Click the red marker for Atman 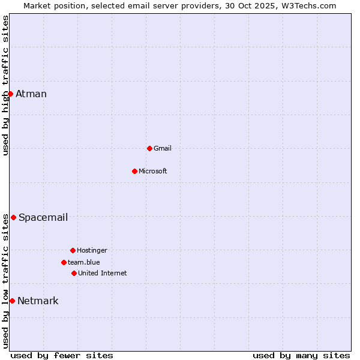click(10, 94)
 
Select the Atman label click(31, 94)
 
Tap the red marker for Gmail click(149, 148)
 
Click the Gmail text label click(163, 148)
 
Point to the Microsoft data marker click(134, 171)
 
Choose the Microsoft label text click(153, 171)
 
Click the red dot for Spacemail click(13, 217)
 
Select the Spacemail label click(43, 217)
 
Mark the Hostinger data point click(73, 250)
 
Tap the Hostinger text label click(92, 250)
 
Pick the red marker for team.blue click(64, 262)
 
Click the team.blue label click(84, 262)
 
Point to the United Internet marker click(74, 273)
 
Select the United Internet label click(103, 273)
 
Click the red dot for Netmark click(12, 301)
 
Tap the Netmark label click(38, 301)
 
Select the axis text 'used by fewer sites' click(62, 355)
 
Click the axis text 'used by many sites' click(301, 355)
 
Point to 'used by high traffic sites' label click(5, 85)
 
